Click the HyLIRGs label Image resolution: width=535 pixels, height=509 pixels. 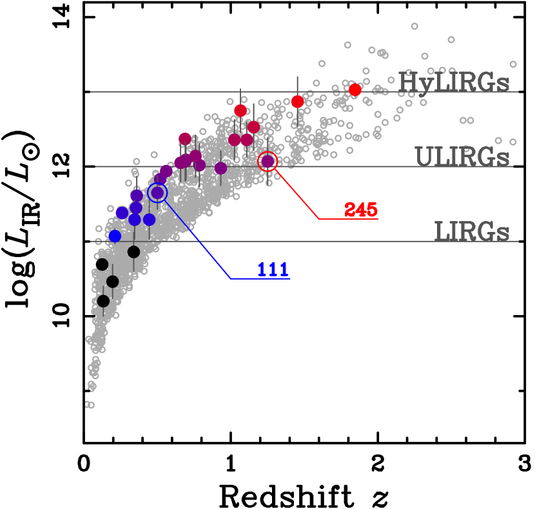click(x=453, y=82)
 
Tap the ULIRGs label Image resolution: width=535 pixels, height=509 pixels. click(x=462, y=157)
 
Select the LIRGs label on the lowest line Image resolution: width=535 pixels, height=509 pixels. click(x=471, y=231)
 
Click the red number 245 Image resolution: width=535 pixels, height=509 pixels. click(x=361, y=209)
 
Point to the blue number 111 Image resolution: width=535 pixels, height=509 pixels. click(x=273, y=269)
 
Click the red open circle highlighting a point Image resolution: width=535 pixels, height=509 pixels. click(x=267, y=161)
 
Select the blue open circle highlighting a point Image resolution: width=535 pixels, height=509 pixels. click(x=157, y=193)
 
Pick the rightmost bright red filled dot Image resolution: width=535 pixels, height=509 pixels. click(x=355, y=90)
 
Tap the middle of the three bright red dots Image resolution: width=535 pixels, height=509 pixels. click(x=297, y=101)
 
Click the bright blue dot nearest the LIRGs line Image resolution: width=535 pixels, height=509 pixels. click(x=115, y=236)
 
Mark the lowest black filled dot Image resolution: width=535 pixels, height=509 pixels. click(x=103, y=301)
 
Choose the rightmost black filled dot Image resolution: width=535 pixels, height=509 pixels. click(x=133, y=251)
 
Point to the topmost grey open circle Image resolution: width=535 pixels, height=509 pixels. click(x=414, y=26)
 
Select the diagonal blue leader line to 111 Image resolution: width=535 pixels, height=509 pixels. click(x=197, y=238)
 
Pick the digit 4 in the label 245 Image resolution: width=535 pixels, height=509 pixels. click(x=361, y=209)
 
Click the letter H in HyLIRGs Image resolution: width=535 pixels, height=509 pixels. click(x=408, y=82)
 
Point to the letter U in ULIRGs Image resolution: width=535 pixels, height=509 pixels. click(x=424, y=157)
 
